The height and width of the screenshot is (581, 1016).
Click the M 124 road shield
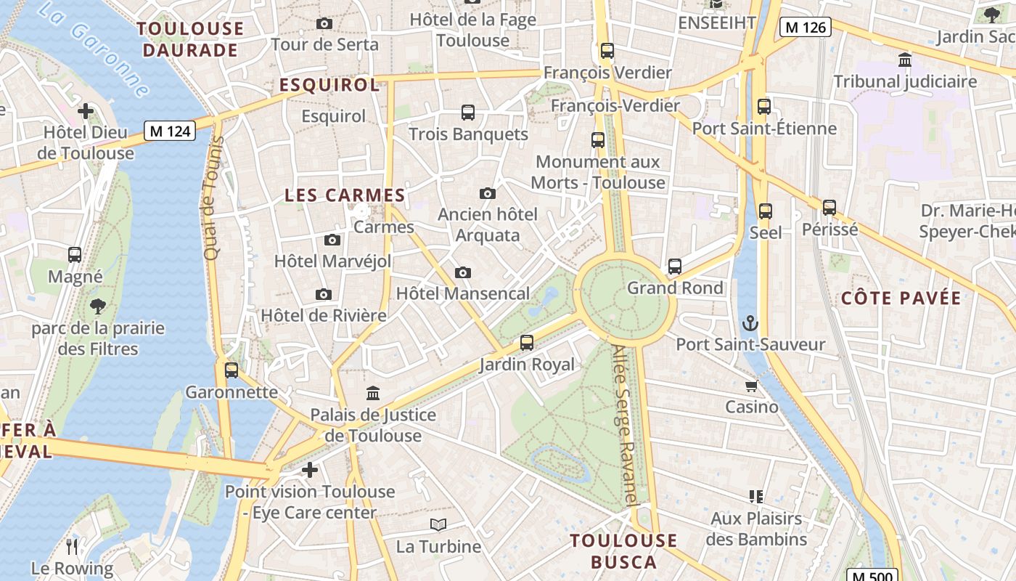pos(169,131)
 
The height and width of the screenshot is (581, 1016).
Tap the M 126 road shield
pos(805,28)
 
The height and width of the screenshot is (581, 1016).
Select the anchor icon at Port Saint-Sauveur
pos(750,322)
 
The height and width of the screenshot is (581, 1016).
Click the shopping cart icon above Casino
pos(751,386)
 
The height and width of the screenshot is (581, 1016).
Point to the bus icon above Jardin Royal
pos(527,343)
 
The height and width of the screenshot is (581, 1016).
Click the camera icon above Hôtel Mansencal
pos(463,273)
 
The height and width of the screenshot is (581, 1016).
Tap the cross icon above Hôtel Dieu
pos(86,111)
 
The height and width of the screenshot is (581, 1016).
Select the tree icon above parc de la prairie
pos(98,306)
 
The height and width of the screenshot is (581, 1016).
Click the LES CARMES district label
pos(345,195)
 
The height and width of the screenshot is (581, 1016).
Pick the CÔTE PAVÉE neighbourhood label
pos(901,298)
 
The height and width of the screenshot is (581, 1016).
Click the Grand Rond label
pos(675,288)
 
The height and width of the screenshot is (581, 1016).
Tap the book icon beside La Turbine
pos(438,525)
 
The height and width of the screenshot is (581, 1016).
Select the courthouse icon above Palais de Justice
pos(373,394)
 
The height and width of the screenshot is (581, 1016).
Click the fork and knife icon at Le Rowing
pos(72,546)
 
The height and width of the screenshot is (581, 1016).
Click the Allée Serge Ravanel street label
pos(625,425)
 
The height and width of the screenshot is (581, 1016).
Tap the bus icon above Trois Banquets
pos(468,113)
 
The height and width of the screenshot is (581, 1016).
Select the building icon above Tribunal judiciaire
pos(905,60)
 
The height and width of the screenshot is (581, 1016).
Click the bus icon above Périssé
pos(829,208)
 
